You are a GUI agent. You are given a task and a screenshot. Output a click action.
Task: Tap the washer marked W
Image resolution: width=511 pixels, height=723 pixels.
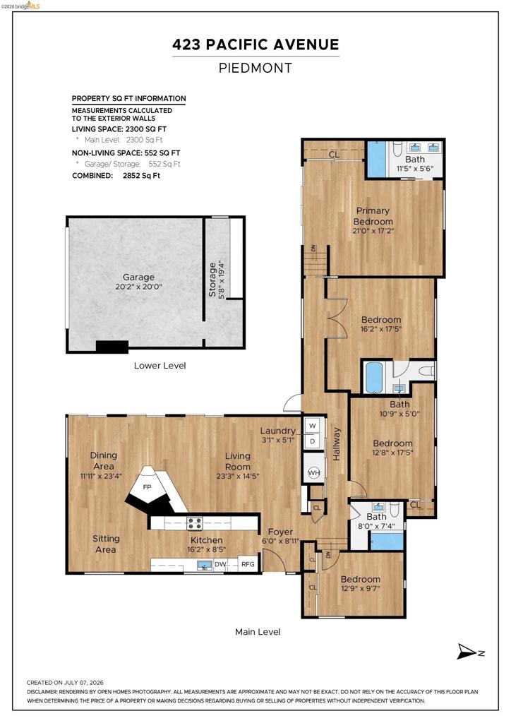(x=313, y=426)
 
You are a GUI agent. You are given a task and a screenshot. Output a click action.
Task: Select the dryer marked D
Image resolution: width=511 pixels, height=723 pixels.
(x=313, y=441)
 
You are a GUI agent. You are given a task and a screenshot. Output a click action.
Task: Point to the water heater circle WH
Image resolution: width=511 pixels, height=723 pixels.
(x=314, y=473)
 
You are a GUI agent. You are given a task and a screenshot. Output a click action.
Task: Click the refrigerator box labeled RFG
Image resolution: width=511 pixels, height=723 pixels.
(x=248, y=564)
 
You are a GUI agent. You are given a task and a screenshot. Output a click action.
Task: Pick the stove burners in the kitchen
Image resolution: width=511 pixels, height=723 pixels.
(x=194, y=523)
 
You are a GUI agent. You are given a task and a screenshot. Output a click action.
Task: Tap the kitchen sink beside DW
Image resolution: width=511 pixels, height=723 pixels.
(x=204, y=564)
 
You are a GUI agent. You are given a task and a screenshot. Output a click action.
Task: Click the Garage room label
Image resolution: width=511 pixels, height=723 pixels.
(x=139, y=277)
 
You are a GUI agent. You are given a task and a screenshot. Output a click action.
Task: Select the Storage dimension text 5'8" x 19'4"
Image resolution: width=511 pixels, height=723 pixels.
(x=222, y=280)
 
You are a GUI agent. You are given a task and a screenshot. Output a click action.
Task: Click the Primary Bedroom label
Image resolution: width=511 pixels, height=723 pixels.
(x=373, y=216)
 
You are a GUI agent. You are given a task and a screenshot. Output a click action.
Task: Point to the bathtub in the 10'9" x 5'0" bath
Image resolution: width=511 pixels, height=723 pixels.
(x=373, y=377)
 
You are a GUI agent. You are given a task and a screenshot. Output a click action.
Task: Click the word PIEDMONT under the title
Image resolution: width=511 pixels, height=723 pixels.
(x=255, y=68)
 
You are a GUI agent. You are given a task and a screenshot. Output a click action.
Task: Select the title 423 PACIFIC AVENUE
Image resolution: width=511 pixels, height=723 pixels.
(x=255, y=44)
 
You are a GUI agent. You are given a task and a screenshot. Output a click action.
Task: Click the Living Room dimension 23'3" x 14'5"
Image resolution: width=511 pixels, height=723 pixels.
(x=238, y=476)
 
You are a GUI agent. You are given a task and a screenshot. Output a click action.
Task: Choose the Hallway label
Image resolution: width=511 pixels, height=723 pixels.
(x=337, y=443)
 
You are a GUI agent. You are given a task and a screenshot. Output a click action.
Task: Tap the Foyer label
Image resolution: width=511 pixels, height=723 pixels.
(x=280, y=532)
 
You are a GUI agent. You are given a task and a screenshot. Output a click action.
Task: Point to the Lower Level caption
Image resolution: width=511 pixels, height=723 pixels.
(x=160, y=366)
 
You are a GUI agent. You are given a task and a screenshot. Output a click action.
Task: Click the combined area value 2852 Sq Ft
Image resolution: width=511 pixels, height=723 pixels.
(x=141, y=176)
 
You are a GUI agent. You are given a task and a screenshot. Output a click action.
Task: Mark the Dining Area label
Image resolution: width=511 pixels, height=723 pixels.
(x=104, y=460)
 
